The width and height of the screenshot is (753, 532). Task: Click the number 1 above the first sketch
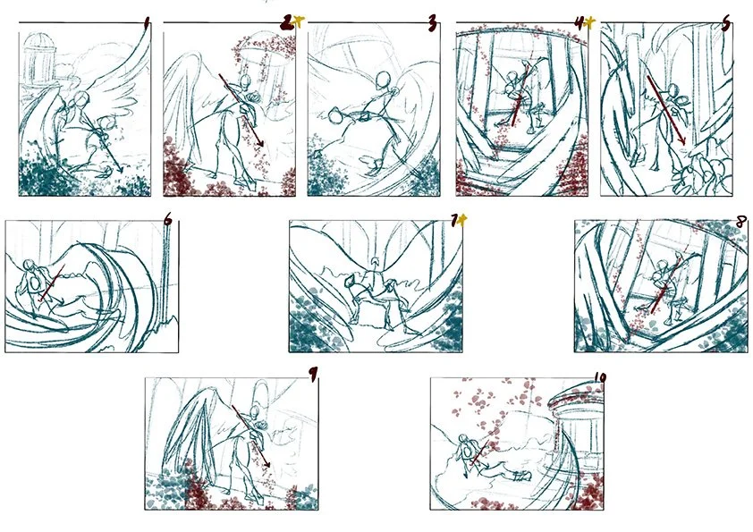tap(147, 23)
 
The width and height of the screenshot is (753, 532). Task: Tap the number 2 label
tap(287, 23)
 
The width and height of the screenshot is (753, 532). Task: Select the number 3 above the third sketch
tap(432, 23)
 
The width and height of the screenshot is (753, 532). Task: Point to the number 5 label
tap(725, 23)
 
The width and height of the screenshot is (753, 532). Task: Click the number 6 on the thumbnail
tap(167, 219)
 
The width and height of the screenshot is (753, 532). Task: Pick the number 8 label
tap(741, 222)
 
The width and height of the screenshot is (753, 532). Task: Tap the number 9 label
tap(313, 375)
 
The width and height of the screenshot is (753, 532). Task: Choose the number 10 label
tap(600, 377)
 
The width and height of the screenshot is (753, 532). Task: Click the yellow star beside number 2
tap(299, 21)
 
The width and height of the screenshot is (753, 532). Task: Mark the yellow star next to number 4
tap(590, 22)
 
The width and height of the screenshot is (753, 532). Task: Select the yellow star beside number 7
tap(461, 220)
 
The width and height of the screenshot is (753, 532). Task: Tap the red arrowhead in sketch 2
tap(261, 143)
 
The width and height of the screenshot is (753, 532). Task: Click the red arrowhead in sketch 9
tap(267, 464)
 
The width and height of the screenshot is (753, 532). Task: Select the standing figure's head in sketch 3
tap(383, 80)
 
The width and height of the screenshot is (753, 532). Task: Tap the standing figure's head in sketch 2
tap(245, 80)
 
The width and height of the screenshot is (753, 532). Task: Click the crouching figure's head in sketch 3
tap(335, 115)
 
